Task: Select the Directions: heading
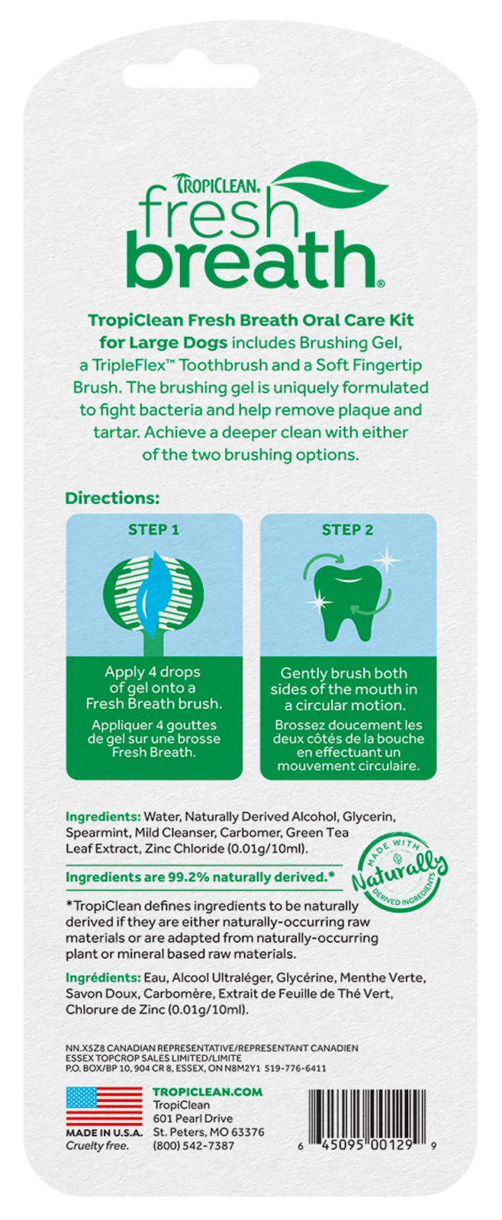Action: tap(112, 498)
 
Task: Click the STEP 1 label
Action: tap(153, 530)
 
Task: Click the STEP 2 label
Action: tap(348, 530)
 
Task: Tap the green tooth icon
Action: tap(344, 602)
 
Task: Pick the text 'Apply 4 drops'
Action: tap(153, 672)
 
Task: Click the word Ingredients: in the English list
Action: tap(103, 817)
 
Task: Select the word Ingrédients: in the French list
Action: tap(103, 978)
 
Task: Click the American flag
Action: tap(104, 1106)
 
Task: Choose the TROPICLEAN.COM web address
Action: tap(208, 1092)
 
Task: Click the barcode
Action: tap(367, 1120)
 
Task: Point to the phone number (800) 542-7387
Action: tap(194, 1146)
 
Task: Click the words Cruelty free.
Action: tap(98, 1146)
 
